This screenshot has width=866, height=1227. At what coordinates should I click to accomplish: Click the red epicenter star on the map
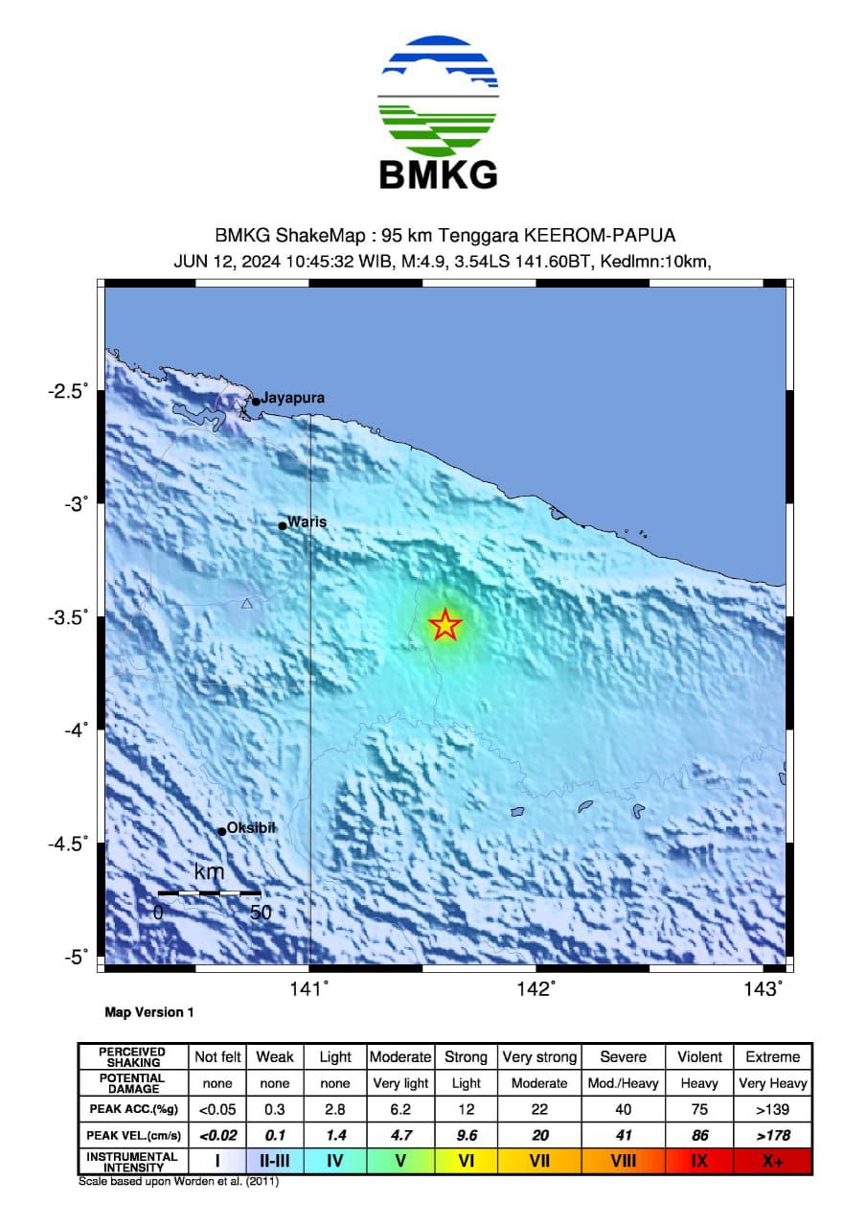(x=444, y=625)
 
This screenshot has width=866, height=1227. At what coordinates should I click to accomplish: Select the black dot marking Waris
(x=283, y=525)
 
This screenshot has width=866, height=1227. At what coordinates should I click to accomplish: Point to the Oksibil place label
(x=251, y=827)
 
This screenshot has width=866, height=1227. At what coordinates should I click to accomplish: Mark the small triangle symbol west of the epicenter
(x=247, y=603)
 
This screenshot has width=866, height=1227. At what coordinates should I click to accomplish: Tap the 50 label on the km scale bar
(x=261, y=913)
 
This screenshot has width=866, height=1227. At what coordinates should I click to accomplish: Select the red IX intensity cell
(x=699, y=1161)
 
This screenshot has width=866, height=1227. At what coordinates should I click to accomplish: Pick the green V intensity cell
(x=399, y=1161)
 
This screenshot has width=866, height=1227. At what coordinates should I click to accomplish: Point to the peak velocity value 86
(x=699, y=1135)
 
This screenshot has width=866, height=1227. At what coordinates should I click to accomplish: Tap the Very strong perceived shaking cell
(x=539, y=1056)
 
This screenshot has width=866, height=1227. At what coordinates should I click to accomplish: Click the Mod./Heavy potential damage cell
(x=624, y=1083)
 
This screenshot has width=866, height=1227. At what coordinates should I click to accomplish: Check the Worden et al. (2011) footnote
(x=178, y=1181)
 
